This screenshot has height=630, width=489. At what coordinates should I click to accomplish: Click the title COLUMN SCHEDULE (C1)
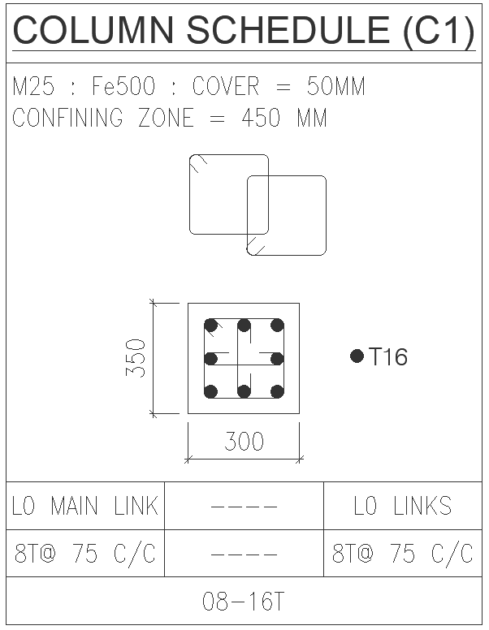pos(244,31)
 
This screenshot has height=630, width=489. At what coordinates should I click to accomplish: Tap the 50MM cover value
pos(335,87)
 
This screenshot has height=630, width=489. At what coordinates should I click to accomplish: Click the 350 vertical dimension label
pos(136,358)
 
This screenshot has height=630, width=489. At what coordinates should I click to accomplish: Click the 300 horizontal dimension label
pos(244,441)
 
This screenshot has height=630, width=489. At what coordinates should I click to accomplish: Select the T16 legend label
pos(388,357)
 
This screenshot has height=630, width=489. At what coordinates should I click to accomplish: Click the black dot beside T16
pos(357,356)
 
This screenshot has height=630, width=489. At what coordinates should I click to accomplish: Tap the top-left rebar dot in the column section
pos(211,326)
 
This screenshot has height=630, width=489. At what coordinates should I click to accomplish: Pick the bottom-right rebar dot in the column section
pos(277,391)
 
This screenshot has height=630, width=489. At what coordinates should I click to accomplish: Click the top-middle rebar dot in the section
pos(244,326)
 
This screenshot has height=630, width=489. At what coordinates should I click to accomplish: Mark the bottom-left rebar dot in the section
pos(211,391)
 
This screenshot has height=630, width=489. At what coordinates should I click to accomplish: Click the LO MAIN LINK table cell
pos(84,507)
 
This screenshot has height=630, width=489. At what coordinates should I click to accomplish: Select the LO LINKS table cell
pos(403,507)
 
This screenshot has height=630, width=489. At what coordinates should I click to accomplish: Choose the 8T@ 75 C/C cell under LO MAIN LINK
pos(84,554)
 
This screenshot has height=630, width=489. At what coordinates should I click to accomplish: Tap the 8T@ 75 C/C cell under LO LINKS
pos(403,554)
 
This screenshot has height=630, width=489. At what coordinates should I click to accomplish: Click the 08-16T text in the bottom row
pos(244,602)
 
